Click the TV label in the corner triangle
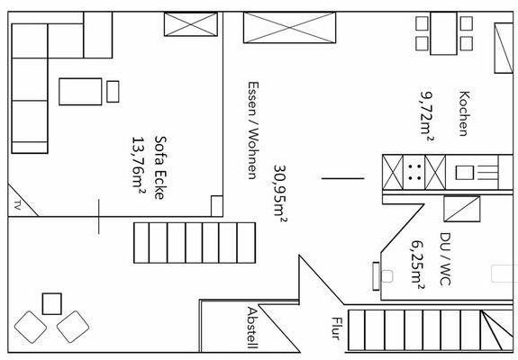tap(17, 205)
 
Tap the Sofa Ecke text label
tap(159, 167)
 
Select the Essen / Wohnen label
tap(253, 130)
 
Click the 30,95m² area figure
tap(280, 193)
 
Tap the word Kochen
tap(464, 113)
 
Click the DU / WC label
tap(445, 259)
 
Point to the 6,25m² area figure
tap(418, 265)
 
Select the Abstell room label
tap(252, 328)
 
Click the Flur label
tap(337, 328)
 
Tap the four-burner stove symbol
tap(414, 172)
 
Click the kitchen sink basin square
tap(465, 173)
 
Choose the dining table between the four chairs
tap(443, 33)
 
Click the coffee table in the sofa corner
tap(80, 92)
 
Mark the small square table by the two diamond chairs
tap(52, 304)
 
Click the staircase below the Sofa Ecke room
tap(195, 243)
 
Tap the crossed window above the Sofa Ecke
tap(191, 24)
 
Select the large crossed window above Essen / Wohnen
tap(290, 27)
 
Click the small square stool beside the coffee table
tap(113, 92)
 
